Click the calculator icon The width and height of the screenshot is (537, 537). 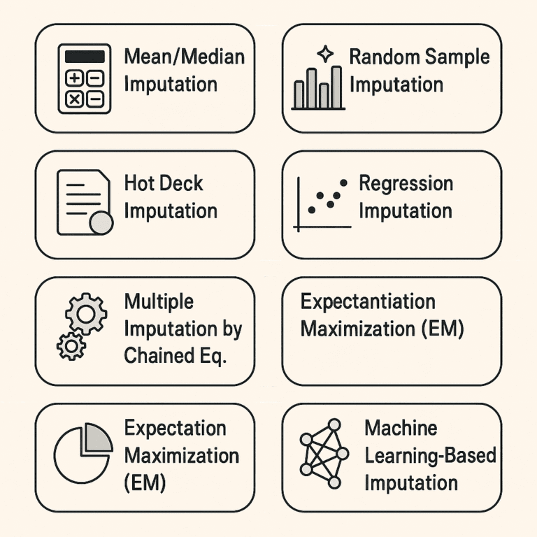point(83,78)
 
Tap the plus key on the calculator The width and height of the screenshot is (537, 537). point(74,78)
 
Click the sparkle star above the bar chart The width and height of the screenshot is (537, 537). point(325,55)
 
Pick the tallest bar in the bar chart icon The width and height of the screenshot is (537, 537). point(336,87)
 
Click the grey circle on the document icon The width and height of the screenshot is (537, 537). point(101,222)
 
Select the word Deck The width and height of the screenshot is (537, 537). point(180,184)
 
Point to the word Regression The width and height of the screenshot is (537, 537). point(406,184)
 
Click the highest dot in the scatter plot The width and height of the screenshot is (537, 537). point(343,182)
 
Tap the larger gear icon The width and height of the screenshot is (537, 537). point(86,314)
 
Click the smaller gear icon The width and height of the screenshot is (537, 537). point(71,346)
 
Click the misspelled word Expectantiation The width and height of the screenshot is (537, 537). point(368,302)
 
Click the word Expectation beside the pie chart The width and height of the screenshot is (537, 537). point(175,428)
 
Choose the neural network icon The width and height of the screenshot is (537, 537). point(324,454)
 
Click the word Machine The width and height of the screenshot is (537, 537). point(401,428)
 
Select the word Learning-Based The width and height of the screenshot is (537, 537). point(430,455)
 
